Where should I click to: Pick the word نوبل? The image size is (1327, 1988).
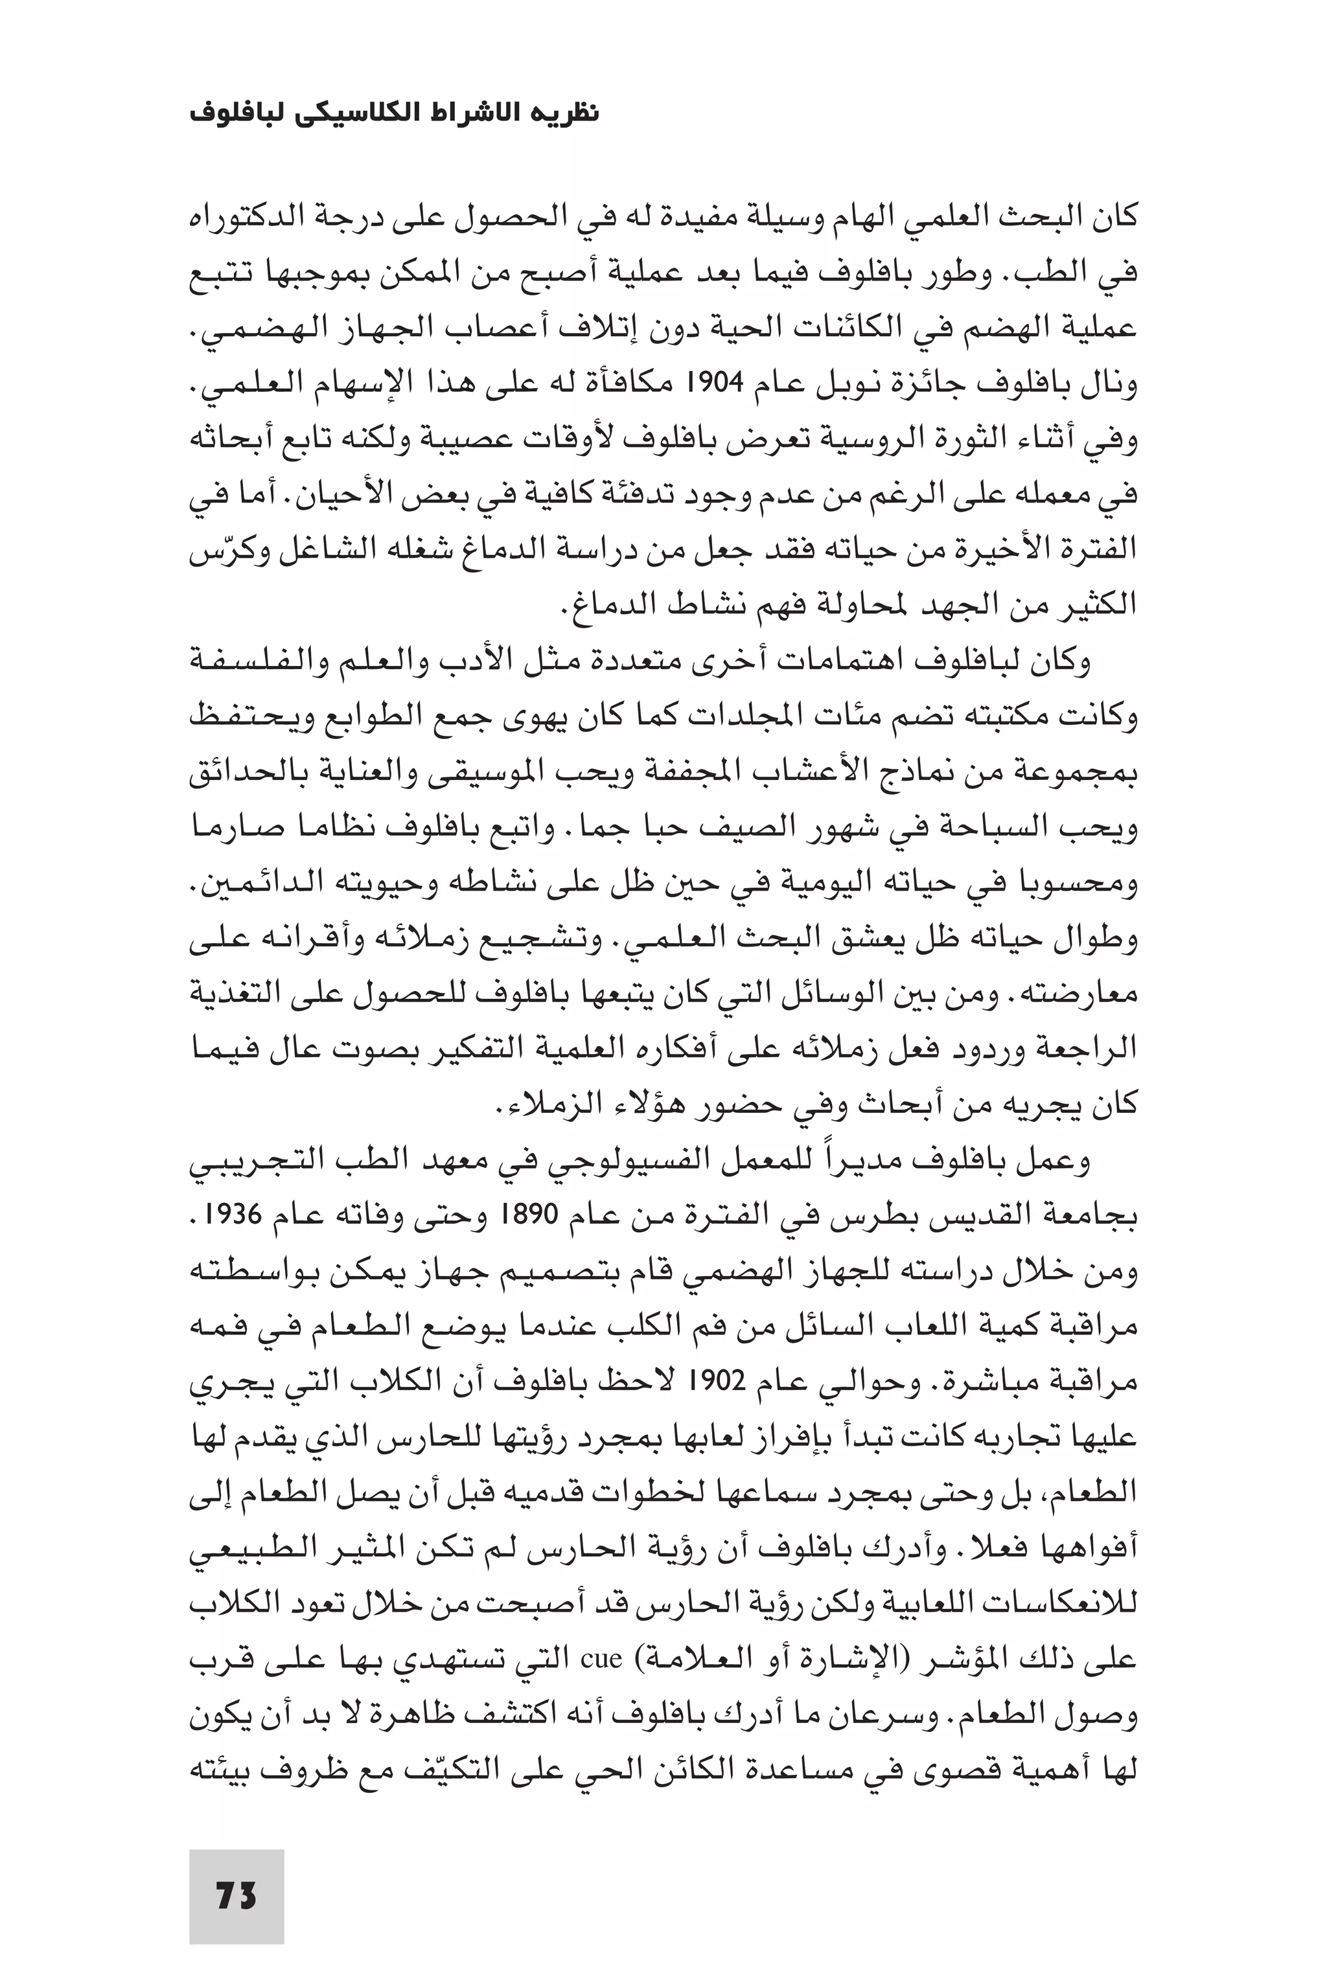pyautogui.click(x=836, y=385)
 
